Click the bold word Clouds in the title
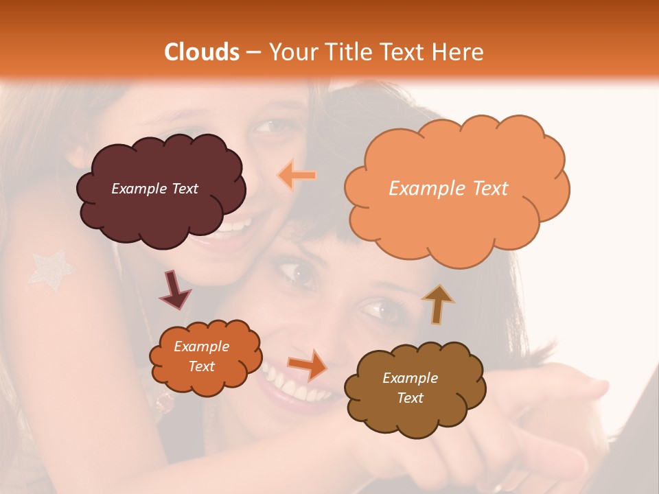tap(202, 52)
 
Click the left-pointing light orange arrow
tap(297, 175)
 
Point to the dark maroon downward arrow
tap(175, 290)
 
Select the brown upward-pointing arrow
tap(437, 304)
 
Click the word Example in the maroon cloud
tap(138, 189)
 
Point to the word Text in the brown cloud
tap(410, 398)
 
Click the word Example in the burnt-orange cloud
tap(201, 346)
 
